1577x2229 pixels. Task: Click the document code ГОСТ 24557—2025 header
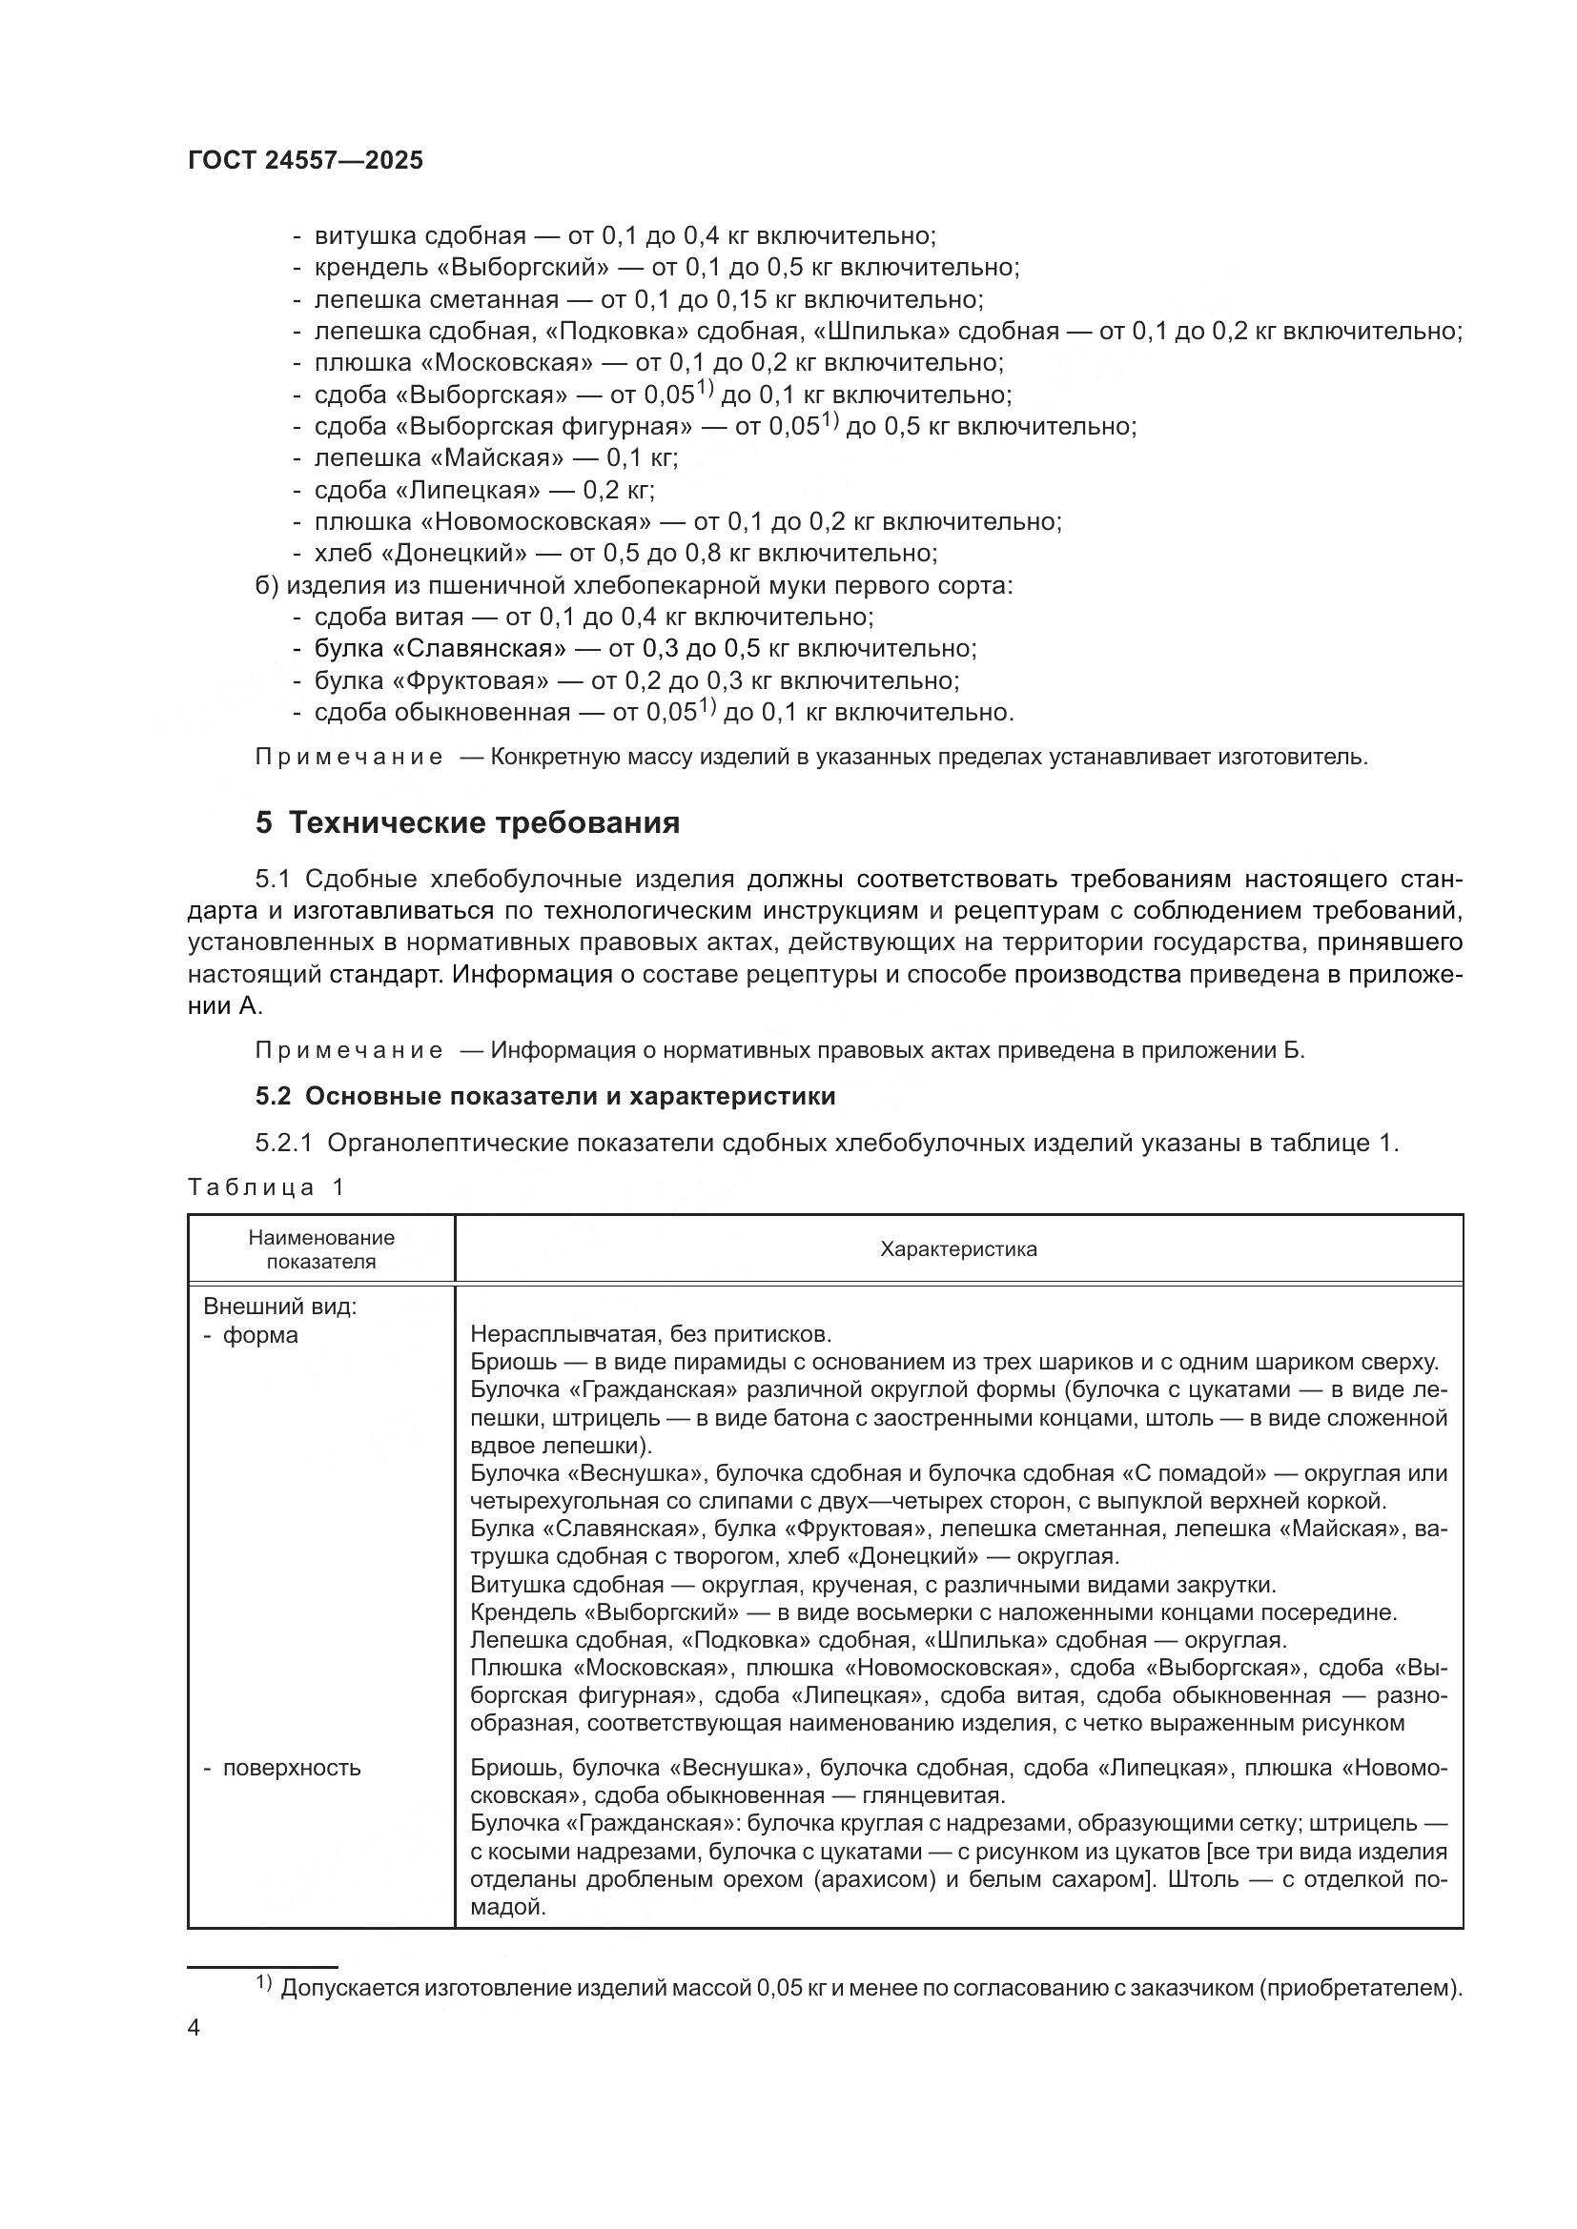tap(306, 161)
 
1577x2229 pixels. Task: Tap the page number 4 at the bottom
tap(195, 2028)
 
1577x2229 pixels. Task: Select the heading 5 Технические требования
tap(467, 823)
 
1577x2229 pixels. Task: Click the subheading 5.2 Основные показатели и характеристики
tap(544, 1096)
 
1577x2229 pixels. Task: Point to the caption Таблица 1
tap(266, 1186)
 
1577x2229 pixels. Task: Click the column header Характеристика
tap(957, 1249)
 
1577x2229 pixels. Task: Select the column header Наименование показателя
tap(321, 1249)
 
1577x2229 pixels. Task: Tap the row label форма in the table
tap(260, 1335)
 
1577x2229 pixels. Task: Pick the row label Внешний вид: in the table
tap(279, 1307)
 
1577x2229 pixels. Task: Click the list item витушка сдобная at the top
tap(420, 236)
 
